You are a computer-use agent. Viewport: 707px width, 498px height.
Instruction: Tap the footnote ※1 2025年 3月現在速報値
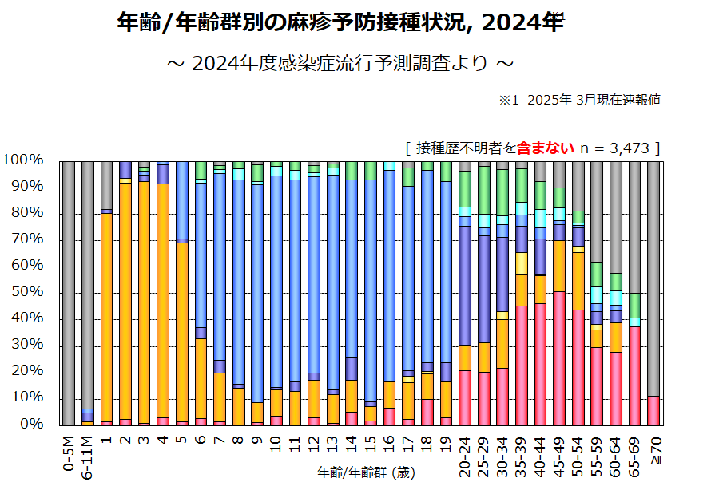click(579, 101)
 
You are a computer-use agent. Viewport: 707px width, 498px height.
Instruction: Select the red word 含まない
click(546, 148)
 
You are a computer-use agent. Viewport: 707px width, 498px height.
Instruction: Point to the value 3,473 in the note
click(631, 148)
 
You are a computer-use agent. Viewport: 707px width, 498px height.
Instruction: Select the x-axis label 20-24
click(464, 456)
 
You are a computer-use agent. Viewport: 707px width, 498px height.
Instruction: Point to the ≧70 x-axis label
click(653, 451)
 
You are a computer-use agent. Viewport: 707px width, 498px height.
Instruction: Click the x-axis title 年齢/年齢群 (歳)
click(366, 472)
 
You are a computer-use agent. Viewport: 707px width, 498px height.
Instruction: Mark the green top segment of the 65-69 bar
click(634, 306)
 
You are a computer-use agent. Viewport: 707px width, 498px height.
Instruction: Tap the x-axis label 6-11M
click(87, 456)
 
